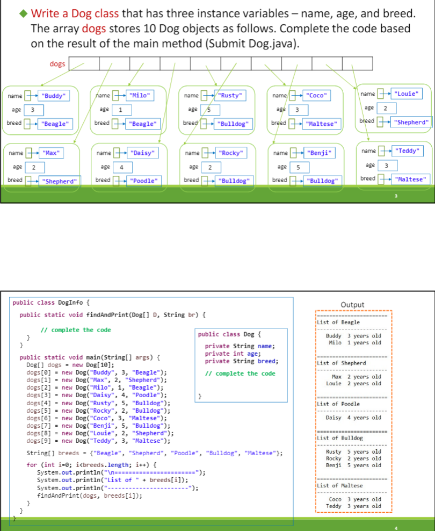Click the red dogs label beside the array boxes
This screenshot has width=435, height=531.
(57, 64)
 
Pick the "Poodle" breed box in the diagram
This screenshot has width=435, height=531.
(143, 181)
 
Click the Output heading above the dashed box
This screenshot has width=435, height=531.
(352, 305)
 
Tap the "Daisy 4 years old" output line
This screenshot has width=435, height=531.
(353, 418)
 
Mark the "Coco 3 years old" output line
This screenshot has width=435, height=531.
(353, 499)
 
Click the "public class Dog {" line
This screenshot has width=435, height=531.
(229, 334)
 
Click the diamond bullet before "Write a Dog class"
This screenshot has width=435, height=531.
(24, 13)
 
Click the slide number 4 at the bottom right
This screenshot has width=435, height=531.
(397, 527)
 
